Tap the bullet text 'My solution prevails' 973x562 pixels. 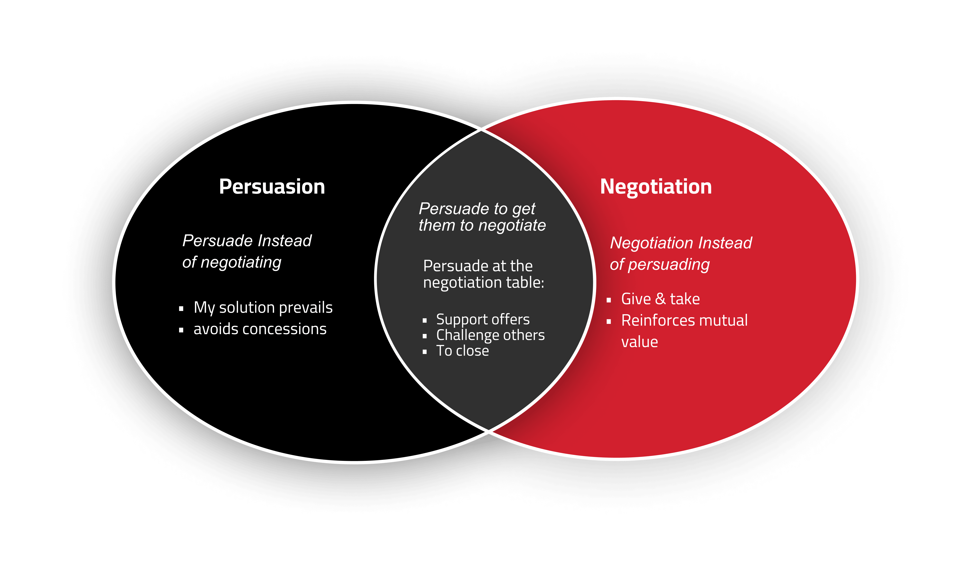point(263,308)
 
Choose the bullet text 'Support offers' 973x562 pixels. point(483,320)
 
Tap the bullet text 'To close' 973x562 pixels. point(462,351)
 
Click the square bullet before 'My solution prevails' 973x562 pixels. point(181,308)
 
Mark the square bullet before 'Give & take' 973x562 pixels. point(609,300)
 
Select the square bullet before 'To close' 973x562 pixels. point(424,352)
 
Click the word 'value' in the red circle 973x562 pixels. point(640,342)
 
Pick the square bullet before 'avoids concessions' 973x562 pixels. point(181,330)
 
